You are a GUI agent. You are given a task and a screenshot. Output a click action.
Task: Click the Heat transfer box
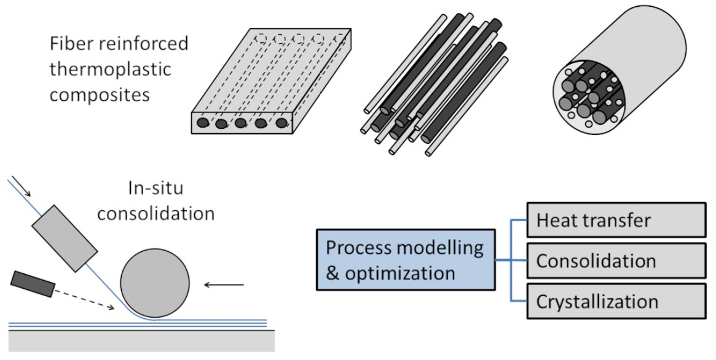tap(616, 220)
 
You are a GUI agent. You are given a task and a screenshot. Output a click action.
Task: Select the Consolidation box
tap(616, 261)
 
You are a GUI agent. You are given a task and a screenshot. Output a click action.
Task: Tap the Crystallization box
tap(616, 302)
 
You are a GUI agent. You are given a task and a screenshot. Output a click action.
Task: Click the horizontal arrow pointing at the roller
tap(224, 284)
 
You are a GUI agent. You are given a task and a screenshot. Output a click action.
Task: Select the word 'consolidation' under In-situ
tap(156, 213)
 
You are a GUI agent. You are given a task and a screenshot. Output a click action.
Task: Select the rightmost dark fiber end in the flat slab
tap(281, 123)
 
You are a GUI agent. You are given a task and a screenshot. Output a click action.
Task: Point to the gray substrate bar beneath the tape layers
tap(141, 341)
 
